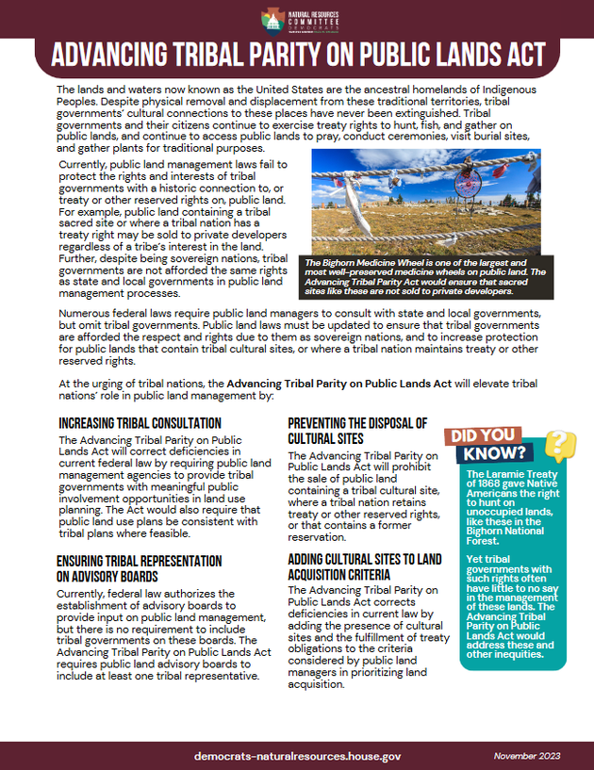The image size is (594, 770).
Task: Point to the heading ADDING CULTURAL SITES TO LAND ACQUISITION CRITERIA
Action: pos(364,567)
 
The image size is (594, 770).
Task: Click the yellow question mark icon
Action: pos(560,444)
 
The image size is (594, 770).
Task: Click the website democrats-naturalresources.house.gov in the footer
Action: pos(297,756)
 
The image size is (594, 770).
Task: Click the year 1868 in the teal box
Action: pos(490,483)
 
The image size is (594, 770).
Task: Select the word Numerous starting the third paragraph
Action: pos(87,313)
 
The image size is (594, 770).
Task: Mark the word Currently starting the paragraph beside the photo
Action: pos(86,165)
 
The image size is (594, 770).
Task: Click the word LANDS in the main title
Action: pos(455,56)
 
